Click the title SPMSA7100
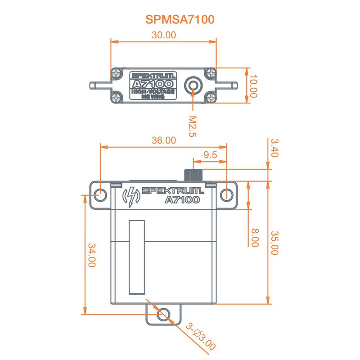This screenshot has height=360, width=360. click(x=180, y=19)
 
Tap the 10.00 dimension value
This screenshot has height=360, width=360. click(x=253, y=86)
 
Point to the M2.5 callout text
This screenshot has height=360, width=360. click(x=193, y=126)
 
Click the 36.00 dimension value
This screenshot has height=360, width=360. click(x=163, y=140)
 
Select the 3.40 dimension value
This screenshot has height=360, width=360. click(x=274, y=148)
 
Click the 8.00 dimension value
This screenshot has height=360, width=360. click(x=255, y=238)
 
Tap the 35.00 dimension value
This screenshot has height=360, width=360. click(x=274, y=243)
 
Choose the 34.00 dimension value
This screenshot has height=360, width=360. click(x=92, y=256)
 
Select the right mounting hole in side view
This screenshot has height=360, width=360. click(x=228, y=194)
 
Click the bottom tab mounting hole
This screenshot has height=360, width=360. click(x=164, y=313)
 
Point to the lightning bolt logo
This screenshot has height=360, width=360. click(x=131, y=196)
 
